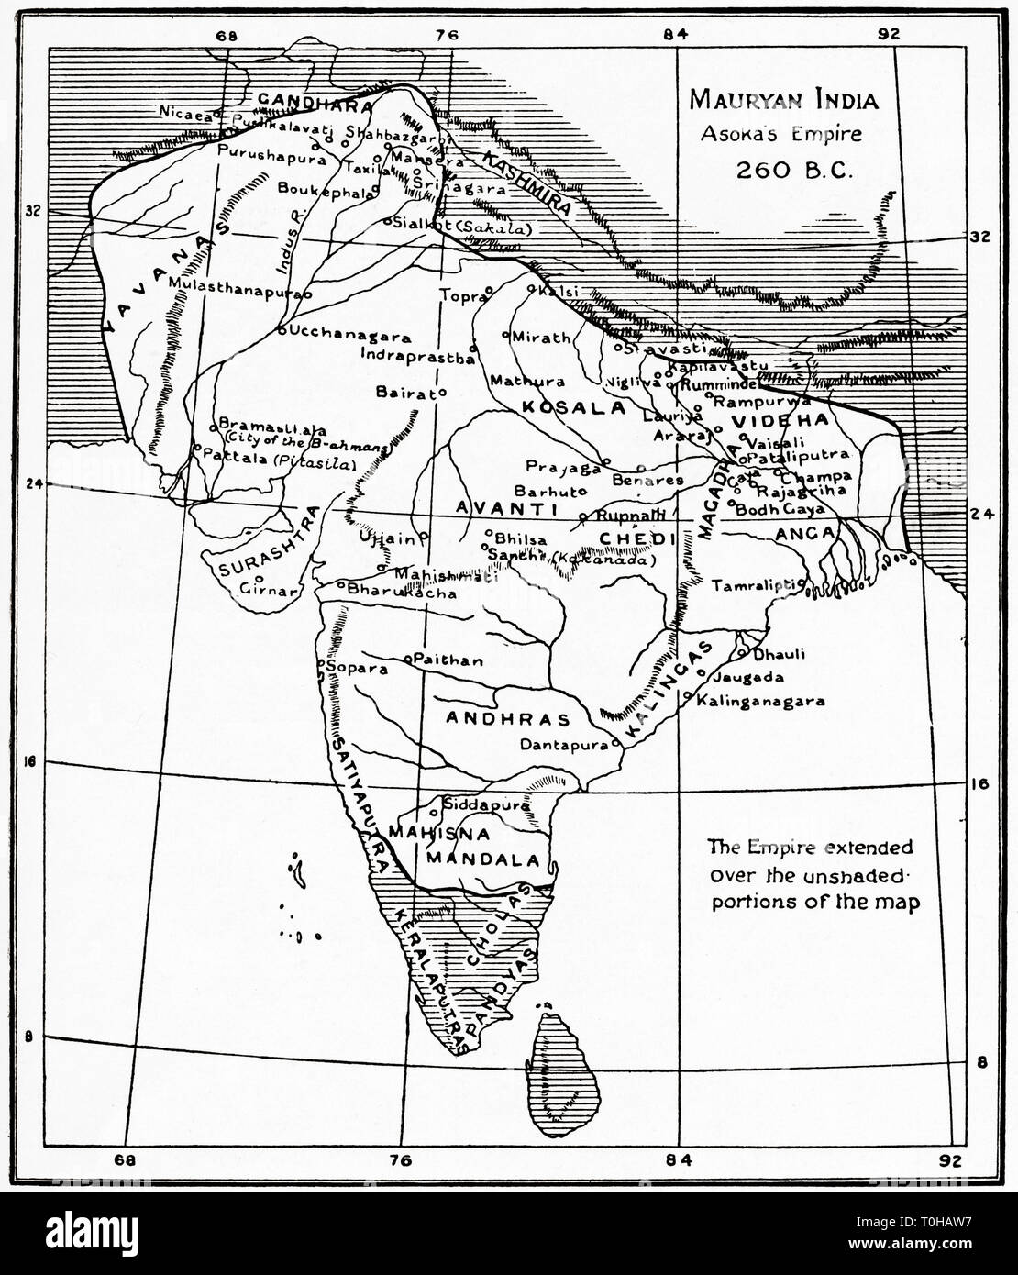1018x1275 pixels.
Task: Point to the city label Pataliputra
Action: (x=797, y=456)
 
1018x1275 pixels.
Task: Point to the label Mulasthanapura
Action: (x=236, y=284)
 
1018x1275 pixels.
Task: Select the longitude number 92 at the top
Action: (x=887, y=35)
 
